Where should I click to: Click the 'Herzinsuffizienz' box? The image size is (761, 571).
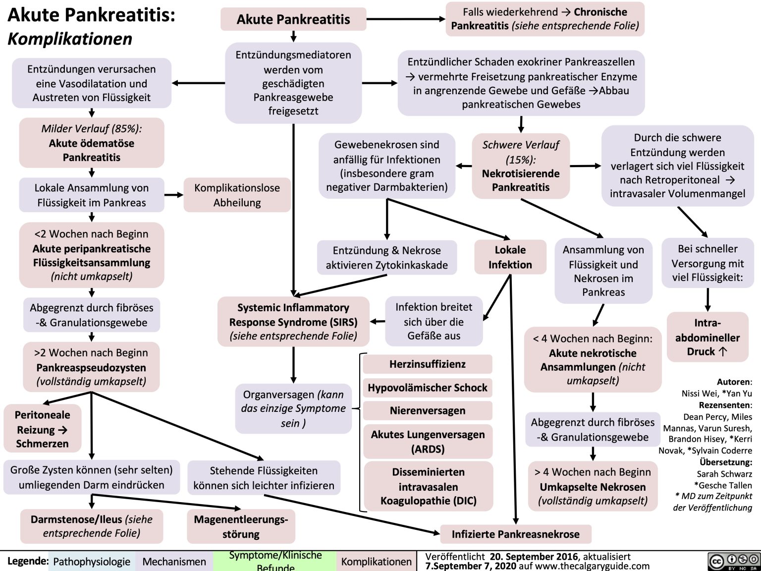click(x=427, y=364)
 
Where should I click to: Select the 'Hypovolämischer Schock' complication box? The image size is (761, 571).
click(x=427, y=388)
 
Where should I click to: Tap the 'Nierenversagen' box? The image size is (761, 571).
click(x=427, y=410)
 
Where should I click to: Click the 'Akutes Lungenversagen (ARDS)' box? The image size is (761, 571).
click(x=428, y=441)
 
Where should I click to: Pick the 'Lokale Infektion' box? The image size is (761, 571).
click(x=510, y=257)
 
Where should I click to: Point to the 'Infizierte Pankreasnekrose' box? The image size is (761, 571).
click(x=515, y=534)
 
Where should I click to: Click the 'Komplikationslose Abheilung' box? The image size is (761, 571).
click(x=237, y=195)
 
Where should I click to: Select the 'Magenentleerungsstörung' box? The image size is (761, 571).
click(x=241, y=526)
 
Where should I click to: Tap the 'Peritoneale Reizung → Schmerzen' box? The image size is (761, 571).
click(x=42, y=429)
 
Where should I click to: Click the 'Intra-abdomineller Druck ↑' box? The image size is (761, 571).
click(x=707, y=337)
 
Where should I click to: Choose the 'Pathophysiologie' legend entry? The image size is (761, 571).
click(x=92, y=562)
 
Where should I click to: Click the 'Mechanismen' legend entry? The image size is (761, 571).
click(x=174, y=562)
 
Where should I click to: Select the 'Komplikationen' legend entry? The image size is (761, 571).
click(x=376, y=562)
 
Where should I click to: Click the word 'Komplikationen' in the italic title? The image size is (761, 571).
click(x=70, y=39)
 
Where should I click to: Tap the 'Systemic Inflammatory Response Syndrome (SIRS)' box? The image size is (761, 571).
click(x=293, y=322)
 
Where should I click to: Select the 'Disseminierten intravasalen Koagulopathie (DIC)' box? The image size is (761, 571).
click(x=429, y=486)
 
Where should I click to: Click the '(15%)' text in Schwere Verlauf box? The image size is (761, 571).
click(x=520, y=160)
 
